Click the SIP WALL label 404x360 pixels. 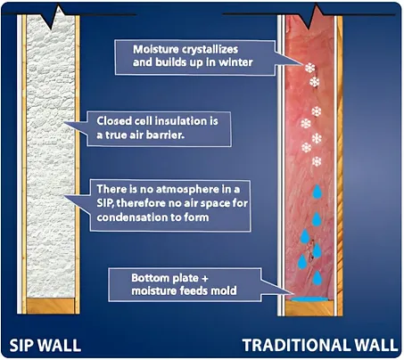45,346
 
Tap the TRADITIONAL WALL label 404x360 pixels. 320,345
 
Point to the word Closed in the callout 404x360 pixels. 114,121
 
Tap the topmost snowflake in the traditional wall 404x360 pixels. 309,68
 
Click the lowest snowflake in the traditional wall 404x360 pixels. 317,161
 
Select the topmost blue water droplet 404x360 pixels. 317,192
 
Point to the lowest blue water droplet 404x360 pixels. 317,278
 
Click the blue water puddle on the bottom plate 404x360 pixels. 310,299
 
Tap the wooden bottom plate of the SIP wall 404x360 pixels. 50,306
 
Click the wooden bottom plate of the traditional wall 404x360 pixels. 309,308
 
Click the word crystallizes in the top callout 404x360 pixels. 210,49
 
